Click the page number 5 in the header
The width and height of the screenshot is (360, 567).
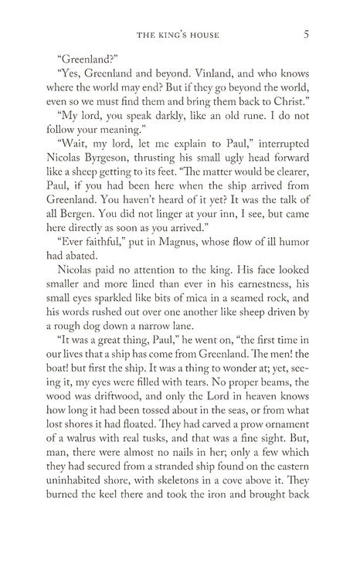click(x=307, y=33)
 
